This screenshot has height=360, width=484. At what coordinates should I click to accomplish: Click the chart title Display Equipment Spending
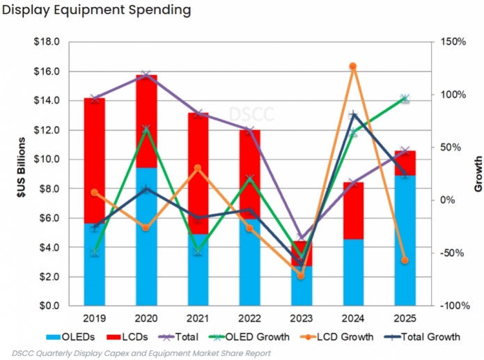97,10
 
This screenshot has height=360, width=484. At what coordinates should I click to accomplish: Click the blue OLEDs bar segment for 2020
146,237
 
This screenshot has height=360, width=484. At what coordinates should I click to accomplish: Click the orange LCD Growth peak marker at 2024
353,66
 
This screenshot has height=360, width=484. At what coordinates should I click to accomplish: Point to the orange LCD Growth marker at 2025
405,260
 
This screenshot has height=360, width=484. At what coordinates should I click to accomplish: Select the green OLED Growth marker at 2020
146,129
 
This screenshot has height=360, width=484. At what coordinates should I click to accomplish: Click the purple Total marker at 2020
146,75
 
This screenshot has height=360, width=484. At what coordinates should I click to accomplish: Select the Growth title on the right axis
478,173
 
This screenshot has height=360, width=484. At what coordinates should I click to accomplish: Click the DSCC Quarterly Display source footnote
141,354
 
